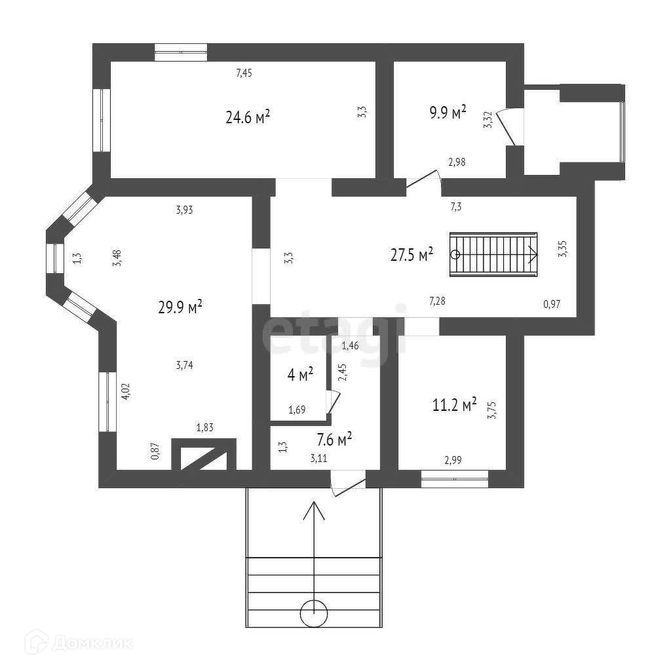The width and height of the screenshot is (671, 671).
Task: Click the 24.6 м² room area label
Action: click(248, 118)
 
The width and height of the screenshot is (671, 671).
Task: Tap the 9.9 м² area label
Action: click(448, 112)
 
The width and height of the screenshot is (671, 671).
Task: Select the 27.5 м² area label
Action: click(412, 255)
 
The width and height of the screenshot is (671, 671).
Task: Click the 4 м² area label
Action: click(300, 375)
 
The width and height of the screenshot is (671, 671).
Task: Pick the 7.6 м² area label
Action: click(334, 438)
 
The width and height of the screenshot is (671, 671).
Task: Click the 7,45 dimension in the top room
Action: click(244, 73)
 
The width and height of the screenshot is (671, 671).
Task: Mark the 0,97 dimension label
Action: click(552, 303)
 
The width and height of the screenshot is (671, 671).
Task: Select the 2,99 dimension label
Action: click(453, 460)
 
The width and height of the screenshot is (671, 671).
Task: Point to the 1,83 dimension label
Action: click(206, 428)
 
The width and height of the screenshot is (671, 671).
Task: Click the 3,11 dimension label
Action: click(319, 458)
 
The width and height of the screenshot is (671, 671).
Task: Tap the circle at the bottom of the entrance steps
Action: click(314, 614)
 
